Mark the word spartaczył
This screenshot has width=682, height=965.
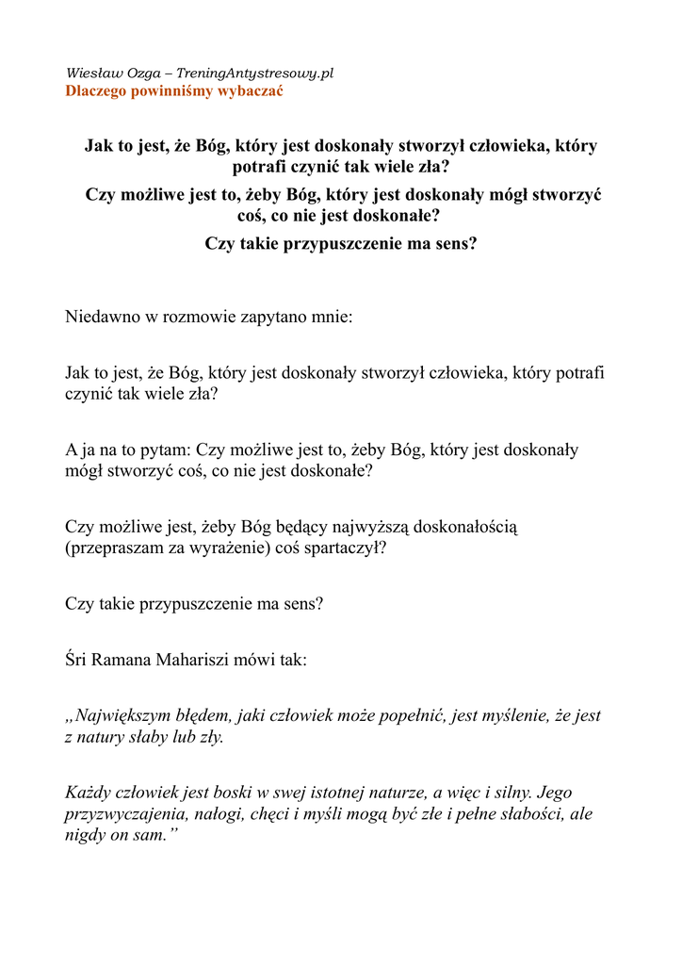(x=349, y=548)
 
